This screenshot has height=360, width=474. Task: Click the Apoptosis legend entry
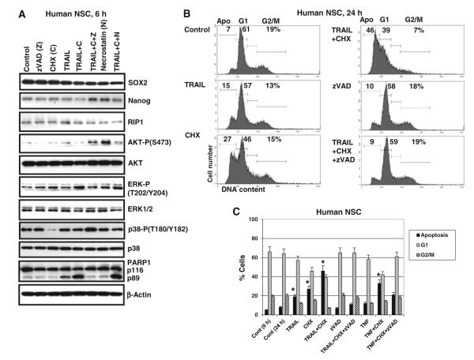(x=440, y=236)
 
